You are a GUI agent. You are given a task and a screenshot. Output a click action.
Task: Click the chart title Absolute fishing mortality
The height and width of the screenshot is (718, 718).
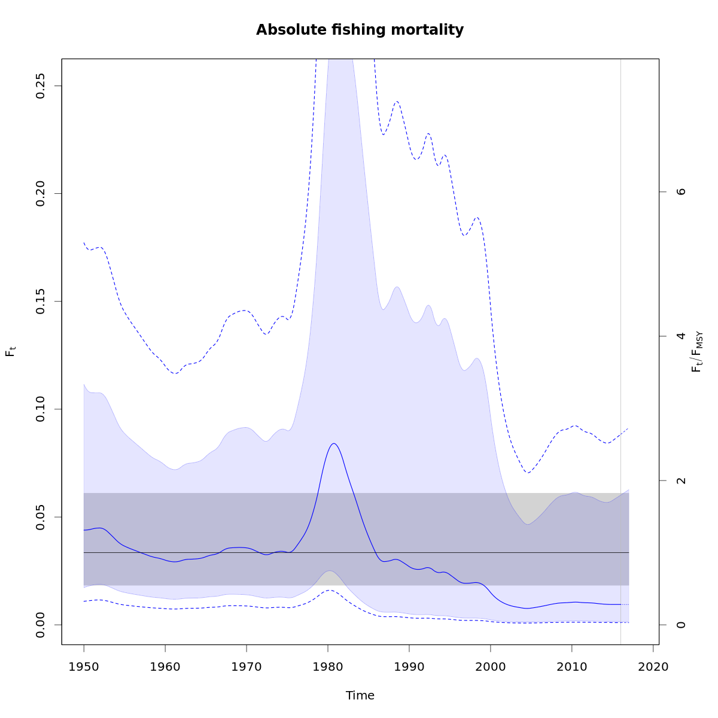(x=360, y=30)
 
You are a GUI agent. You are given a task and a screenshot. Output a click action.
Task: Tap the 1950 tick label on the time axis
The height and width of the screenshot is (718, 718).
(x=84, y=667)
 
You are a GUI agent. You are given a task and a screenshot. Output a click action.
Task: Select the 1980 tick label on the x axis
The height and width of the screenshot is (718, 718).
(x=328, y=667)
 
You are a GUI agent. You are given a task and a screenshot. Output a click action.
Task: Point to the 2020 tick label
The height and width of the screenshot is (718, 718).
(x=653, y=667)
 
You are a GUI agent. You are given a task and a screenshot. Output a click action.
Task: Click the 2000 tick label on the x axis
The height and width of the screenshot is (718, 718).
(x=491, y=667)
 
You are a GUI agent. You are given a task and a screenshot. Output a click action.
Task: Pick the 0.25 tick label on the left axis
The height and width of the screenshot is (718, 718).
(x=41, y=86)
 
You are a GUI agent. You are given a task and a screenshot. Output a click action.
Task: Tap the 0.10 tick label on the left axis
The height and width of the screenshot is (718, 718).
(x=41, y=409)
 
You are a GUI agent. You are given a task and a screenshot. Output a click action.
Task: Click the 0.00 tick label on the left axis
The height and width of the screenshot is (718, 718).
(x=41, y=625)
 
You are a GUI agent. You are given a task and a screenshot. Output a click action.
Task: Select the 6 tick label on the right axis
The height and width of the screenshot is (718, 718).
(x=680, y=191)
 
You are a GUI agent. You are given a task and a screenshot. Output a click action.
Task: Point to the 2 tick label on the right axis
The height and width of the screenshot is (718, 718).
(x=680, y=480)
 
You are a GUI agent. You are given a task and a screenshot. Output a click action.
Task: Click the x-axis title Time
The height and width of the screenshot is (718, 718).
(x=360, y=695)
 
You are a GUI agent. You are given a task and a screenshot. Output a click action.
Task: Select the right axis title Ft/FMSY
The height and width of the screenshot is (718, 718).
(x=696, y=352)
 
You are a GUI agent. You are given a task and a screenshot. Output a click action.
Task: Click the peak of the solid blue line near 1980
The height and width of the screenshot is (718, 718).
(x=333, y=443)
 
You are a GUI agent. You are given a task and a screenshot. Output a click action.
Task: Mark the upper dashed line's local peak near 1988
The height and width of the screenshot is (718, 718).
(x=396, y=101)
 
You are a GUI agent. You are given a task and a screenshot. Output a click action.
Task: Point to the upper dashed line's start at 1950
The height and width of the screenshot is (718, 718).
(x=84, y=242)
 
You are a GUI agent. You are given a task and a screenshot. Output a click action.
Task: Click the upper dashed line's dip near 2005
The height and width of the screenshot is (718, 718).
(x=528, y=473)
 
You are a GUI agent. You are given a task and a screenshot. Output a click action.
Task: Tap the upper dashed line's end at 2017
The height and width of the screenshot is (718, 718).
(x=628, y=428)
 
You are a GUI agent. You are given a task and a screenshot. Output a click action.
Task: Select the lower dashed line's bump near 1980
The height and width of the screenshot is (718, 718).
(x=329, y=590)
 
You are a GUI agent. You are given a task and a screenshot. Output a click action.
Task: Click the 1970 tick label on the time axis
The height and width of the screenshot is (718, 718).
(x=247, y=667)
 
